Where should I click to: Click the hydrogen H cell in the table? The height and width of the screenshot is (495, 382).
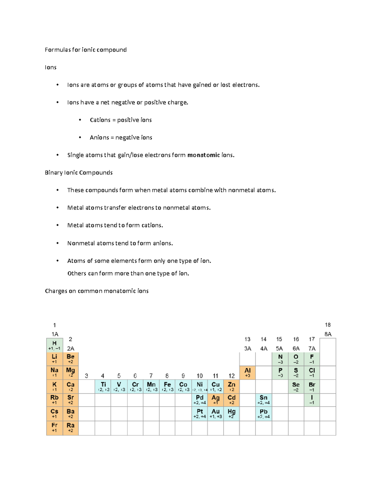click(x=54, y=345)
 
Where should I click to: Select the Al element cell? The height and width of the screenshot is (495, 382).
click(x=247, y=372)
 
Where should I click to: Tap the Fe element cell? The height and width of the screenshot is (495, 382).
click(x=167, y=386)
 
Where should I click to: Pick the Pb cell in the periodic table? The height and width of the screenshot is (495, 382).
click(x=264, y=413)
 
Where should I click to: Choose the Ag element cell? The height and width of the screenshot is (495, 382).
click(x=216, y=400)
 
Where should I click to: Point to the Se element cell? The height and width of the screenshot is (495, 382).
click(x=296, y=386)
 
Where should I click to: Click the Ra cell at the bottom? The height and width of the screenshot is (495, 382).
click(x=70, y=427)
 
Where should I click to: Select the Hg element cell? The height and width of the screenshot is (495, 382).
click(x=231, y=413)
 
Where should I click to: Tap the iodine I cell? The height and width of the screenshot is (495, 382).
click(x=312, y=400)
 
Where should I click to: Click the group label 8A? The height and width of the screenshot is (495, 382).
click(x=328, y=334)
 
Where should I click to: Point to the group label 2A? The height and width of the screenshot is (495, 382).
click(x=70, y=348)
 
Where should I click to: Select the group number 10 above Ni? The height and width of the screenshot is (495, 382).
click(x=200, y=376)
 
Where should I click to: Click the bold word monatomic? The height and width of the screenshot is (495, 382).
click(x=203, y=155)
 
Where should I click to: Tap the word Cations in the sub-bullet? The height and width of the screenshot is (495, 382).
click(x=100, y=120)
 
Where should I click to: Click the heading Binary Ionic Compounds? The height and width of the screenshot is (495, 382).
click(x=79, y=172)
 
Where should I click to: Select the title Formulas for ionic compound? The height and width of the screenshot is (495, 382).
click(x=86, y=50)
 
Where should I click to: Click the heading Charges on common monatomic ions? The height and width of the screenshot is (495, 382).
click(x=97, y=291)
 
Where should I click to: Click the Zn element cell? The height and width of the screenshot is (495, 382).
click(x=231, y=386)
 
